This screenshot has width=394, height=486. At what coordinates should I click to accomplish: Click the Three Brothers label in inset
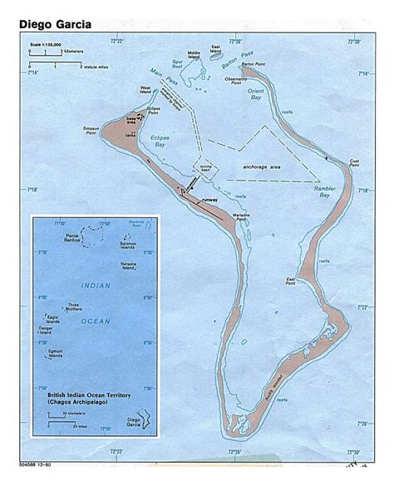76,305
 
